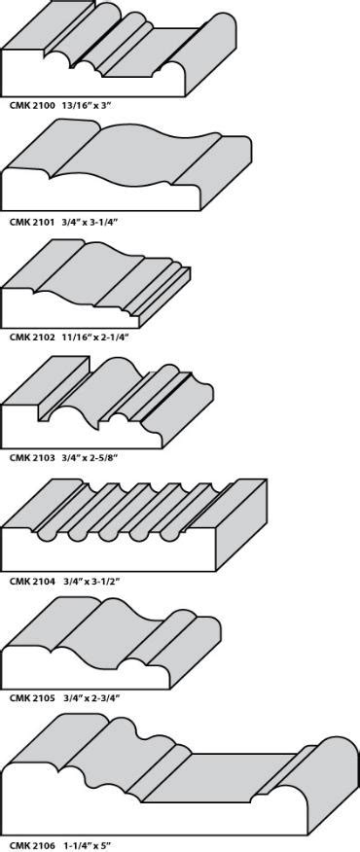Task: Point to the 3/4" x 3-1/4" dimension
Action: point(90,222)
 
